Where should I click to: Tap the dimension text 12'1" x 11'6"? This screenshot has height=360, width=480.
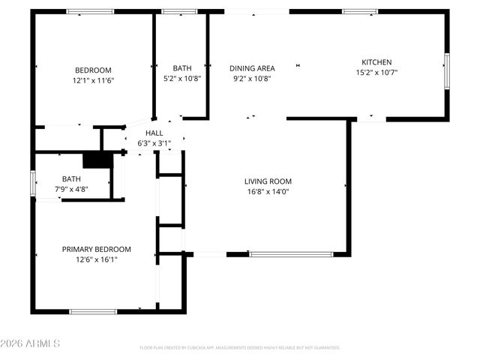pos(93,79)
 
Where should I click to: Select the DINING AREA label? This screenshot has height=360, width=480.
pos(252,68)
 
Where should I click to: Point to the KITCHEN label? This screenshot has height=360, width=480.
pos(376,62)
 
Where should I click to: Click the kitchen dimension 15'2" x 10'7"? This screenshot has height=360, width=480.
pos(376,73)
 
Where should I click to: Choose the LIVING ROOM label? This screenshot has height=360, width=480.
pos(268,181)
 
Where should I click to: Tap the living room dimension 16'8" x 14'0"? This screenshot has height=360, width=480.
pos(268,191)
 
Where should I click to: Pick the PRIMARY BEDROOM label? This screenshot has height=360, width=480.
pos(96,250)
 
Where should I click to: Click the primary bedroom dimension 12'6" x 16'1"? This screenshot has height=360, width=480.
pos(96,259)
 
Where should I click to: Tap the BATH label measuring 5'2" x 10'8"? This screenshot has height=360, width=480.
pos(182,68)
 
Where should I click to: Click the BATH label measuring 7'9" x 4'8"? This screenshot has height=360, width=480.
pos(71,178)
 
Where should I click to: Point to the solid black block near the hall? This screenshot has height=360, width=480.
pos(96,160)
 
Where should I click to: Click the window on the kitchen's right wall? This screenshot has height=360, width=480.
pos(447,71)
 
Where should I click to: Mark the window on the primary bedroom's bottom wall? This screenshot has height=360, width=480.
pos(93,311)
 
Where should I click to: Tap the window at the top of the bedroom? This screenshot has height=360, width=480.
pos(90,11)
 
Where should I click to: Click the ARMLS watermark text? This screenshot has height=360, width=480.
pos(31,343)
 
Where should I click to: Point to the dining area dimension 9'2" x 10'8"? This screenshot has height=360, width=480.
pos(252,78)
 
